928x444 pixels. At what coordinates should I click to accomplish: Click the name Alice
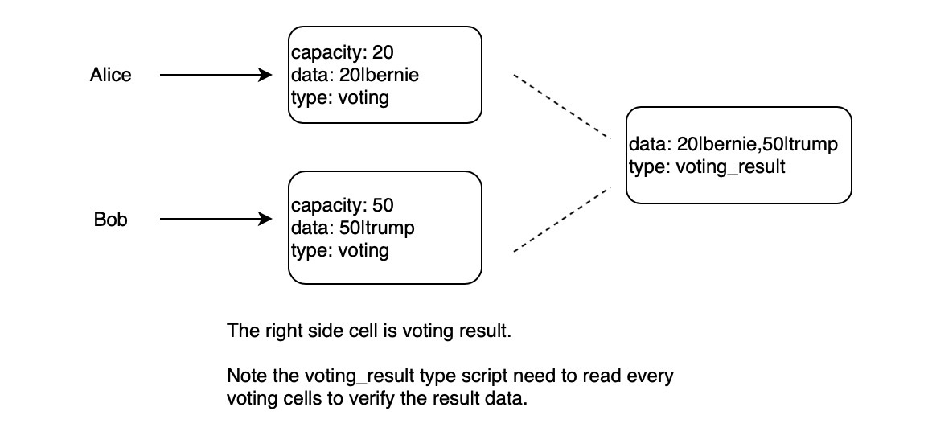click(110, 75)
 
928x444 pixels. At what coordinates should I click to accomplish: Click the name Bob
click(110, 220)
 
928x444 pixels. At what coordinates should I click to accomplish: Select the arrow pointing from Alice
click(213, 75)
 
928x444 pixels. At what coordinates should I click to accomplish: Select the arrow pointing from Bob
click(213, 219)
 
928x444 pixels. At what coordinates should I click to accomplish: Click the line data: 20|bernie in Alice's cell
click(355, 76)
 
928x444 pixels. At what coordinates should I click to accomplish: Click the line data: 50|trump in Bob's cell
click(352, 228)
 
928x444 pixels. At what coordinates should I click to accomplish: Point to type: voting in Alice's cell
click(339, 98)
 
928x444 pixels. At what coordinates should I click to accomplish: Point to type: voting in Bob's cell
click(339, 250)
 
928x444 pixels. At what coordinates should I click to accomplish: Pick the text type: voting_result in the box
click(708, 167)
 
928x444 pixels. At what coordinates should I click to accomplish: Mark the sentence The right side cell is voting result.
click(369, 331)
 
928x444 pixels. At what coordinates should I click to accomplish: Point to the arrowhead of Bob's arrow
click(265, 219)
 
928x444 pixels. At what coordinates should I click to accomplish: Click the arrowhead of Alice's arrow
click(265, 75)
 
